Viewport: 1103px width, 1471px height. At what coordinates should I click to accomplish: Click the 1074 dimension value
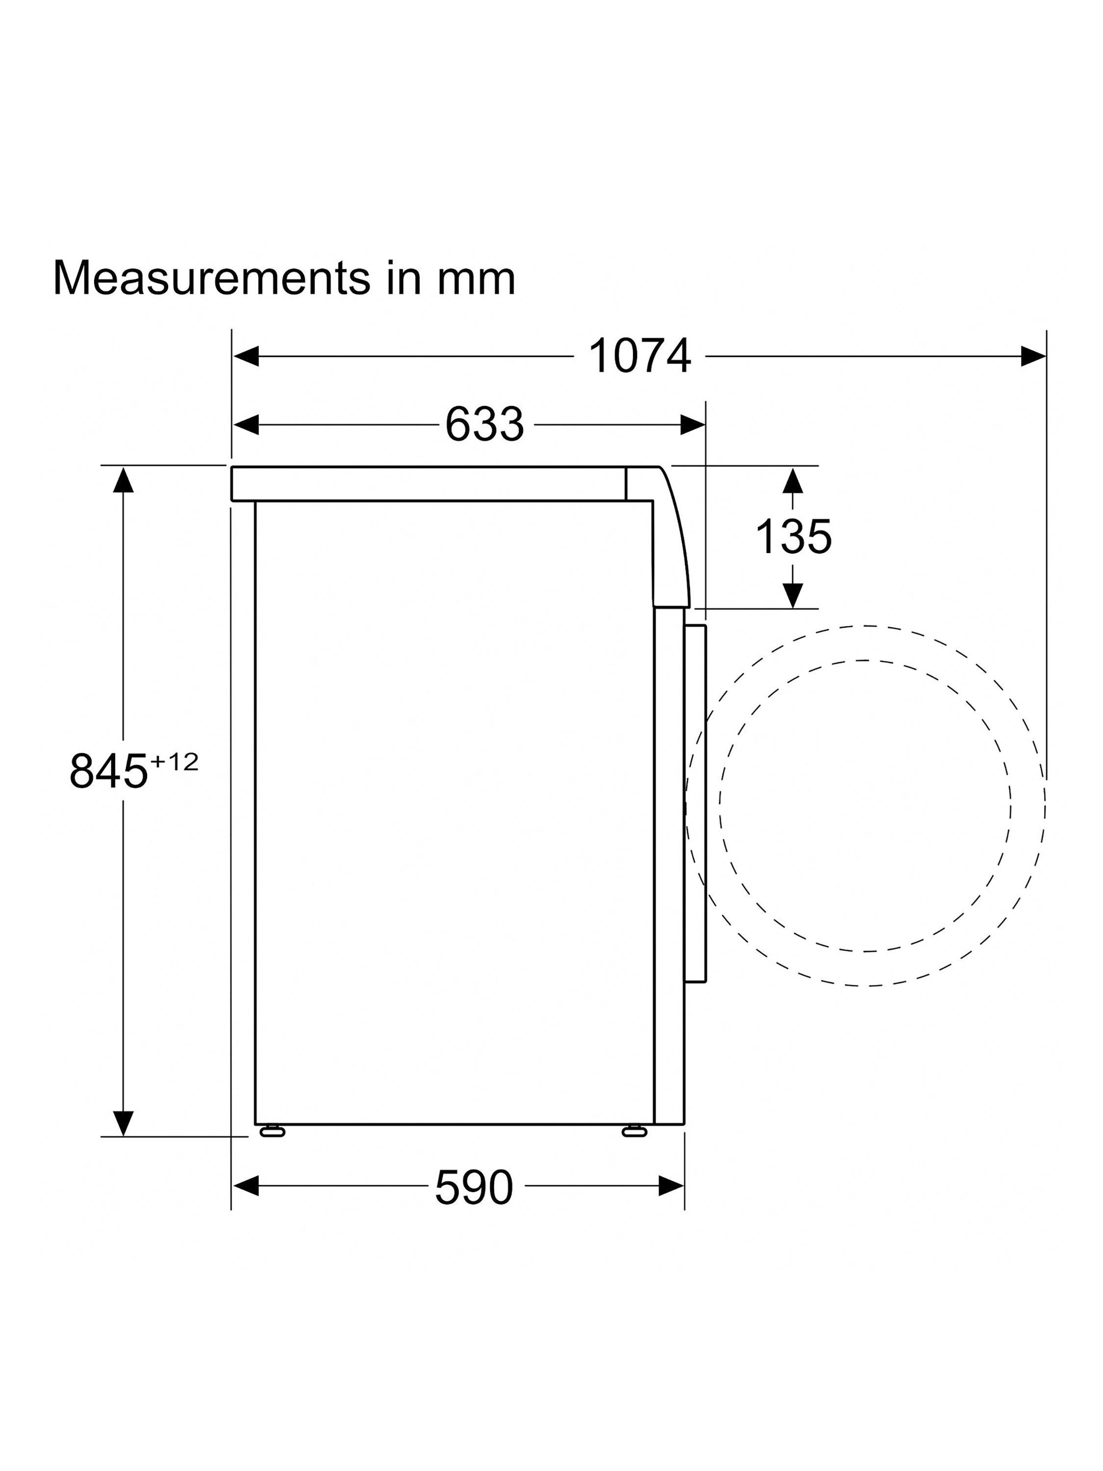(x=640, y=356)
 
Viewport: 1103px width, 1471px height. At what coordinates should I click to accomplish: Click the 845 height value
(x=108, y=771)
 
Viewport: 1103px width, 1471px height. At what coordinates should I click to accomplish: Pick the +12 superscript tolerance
(x=174, y=761)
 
